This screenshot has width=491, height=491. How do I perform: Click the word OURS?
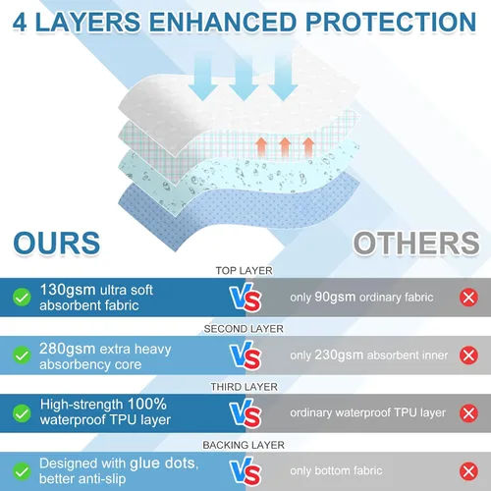point(57,243)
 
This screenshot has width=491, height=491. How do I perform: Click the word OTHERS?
point(416,243)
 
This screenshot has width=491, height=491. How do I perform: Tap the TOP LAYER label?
point(244,271)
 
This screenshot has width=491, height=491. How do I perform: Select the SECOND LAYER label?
point(244,329)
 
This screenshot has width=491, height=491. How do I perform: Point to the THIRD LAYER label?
point(244,387)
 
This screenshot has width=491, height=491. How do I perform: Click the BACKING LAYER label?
point(244,445)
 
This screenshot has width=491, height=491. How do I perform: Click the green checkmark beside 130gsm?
point(22,298)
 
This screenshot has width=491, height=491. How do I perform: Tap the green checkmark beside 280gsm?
point(22,355)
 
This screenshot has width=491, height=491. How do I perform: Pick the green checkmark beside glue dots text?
point(22,471)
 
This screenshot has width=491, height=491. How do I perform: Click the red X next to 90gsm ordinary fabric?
point(468,298)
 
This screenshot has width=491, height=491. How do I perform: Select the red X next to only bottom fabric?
point(468,471)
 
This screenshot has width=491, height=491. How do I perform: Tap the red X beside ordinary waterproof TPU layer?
point(468,413)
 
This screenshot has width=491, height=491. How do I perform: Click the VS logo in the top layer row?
point(245,298)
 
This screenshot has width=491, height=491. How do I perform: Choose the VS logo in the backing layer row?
point(245,471)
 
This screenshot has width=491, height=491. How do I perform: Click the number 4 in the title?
point(20,23)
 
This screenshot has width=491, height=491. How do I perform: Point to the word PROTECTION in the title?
point(391,22)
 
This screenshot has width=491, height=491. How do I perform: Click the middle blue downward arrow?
point(244,80)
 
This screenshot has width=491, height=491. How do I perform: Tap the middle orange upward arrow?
point(285,147)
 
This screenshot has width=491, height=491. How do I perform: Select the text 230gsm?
point(339,355)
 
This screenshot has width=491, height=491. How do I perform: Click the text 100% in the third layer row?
point(147,405)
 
